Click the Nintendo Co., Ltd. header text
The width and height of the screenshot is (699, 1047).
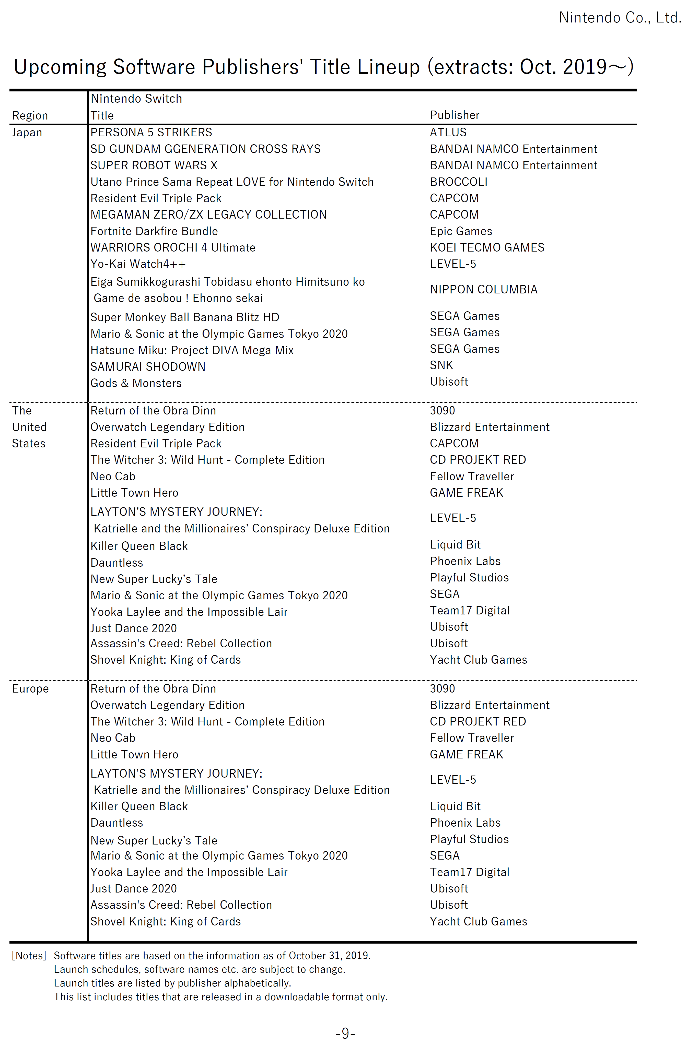pos(620,18)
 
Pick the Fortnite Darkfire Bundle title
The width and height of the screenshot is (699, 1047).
pos(154,231)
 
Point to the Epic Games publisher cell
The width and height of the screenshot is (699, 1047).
pos(460,231)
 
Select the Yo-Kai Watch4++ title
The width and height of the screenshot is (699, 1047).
pos(138,264)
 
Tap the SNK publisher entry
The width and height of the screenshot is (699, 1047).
pos(441,365)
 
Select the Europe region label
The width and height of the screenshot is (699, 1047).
pos(30,688)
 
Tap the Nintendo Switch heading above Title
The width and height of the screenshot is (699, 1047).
pos(136,99)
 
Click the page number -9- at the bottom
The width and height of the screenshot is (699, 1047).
pos(345,1033)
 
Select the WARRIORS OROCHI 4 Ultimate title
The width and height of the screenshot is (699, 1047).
pos(173,248)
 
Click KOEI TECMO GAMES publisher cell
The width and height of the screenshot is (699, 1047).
pos(487,248)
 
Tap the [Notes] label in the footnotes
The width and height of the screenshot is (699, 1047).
pos(29,955)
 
